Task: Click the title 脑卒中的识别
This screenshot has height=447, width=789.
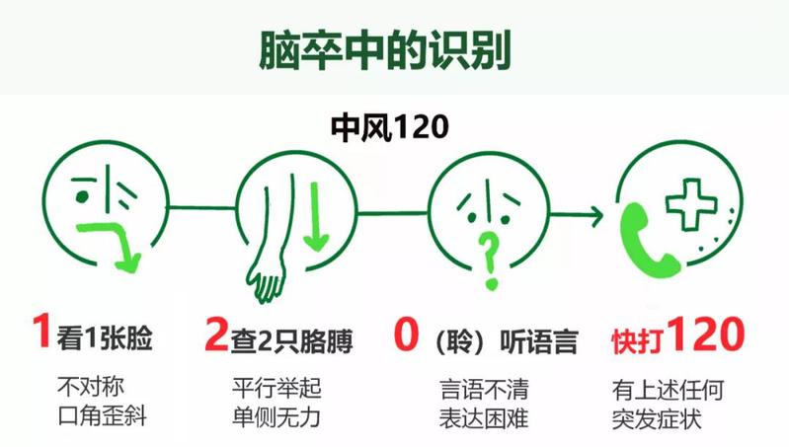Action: coord(385,49)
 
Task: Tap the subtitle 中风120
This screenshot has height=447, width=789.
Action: coord(389,126)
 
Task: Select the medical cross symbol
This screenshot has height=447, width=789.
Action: coord(691,204)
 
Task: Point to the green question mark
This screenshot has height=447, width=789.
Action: coord(489,260)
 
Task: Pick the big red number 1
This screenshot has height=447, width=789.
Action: coord(41,330)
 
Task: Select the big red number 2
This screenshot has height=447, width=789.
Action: coord(217,334)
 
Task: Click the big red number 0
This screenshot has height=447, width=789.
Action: coord(406,333)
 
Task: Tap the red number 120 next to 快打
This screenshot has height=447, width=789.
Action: coord(706,334)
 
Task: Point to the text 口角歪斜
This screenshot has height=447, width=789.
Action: coord(102,416)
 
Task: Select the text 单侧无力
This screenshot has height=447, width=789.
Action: coord(276,417)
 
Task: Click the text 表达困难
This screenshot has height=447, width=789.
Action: coord(483,418)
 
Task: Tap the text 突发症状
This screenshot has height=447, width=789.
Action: coord(657,419)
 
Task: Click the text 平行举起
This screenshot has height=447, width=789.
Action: coord(276,388)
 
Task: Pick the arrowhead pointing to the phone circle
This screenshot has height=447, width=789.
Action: coord(595,215)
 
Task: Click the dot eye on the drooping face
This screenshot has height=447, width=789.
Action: coord(81,196)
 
